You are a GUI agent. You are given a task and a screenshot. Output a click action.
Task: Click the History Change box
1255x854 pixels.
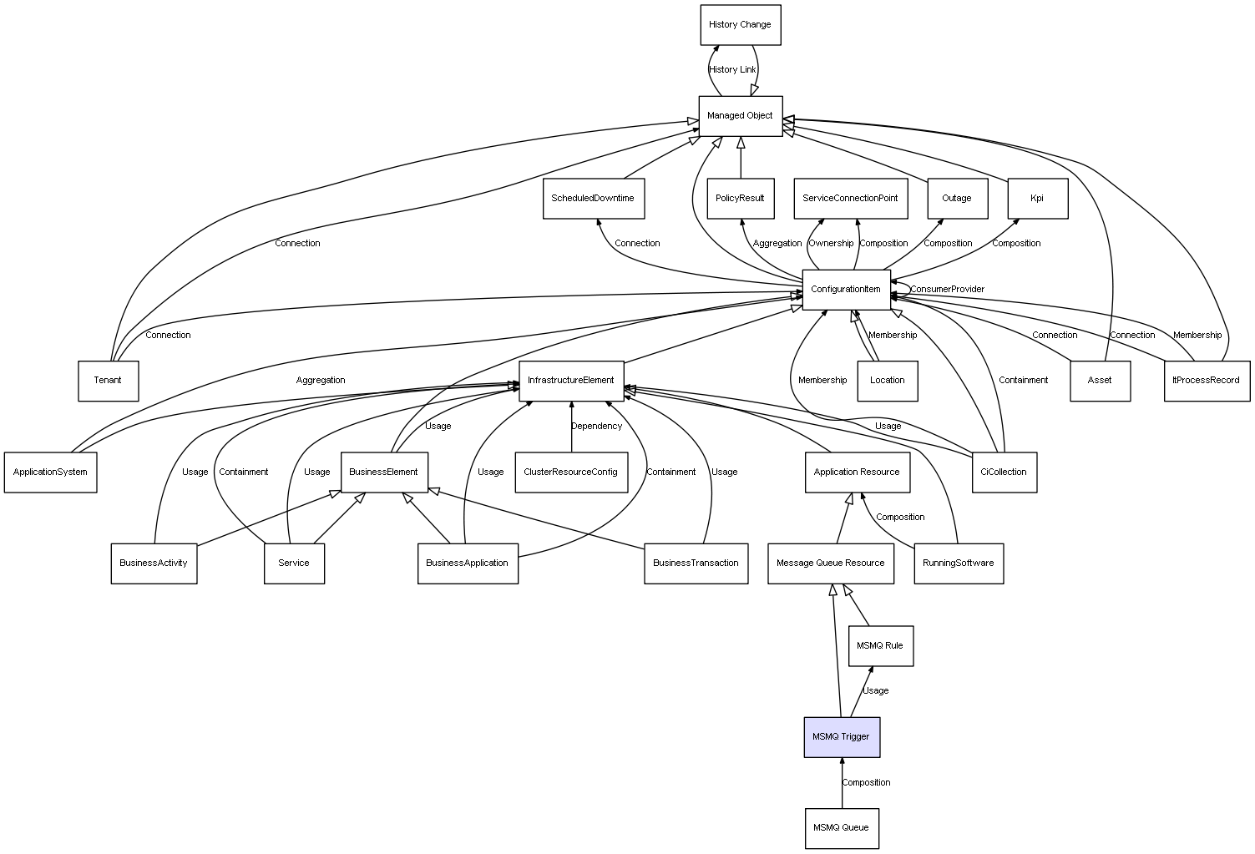pyautogui.click(x=740, y=25)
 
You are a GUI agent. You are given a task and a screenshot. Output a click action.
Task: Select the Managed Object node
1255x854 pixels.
pyautogui.click(x=740, y=116)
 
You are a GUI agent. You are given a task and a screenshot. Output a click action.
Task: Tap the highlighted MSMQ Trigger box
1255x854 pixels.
pyautogui.click(x=842, y=737)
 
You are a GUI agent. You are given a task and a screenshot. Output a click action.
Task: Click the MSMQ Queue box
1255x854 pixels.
pyautogui.click(x=842, y=828)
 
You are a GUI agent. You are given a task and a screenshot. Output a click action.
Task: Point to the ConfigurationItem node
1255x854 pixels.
pyautogui.click(x=846, y=290)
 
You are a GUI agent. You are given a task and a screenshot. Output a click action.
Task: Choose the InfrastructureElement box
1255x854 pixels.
pyautogui.click(x=571, y=381)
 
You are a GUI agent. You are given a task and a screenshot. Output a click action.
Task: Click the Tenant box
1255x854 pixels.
pyautogui.click(x=108, y=381)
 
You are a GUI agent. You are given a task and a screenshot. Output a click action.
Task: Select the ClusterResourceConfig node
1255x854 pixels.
pyautogui.click(x=571, y=472)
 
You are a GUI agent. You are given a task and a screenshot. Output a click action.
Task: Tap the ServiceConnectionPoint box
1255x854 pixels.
pyautogui.click(x=851, y=198)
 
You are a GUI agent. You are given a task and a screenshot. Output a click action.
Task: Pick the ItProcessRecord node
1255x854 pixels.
pyautogui.click(x=1207, y=381)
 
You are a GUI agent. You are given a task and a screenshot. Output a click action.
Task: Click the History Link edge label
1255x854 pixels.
pyautogui.click(x=732, y=69)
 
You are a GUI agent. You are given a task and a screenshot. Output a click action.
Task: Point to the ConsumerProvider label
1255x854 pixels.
pyautogui.click(x=947, y=289)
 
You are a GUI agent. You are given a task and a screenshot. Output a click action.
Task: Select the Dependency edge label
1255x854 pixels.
pyautogui.click(x=596, y=426)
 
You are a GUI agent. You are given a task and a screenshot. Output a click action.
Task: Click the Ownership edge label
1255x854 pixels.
pyautogui.click(x=831, y=243)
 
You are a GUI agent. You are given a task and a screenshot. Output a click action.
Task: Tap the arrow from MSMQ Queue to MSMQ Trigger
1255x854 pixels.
pyautogui.click(x=842, y=783)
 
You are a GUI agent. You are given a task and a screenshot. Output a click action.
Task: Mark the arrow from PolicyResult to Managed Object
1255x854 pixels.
pyautogui.click(x=741, y=158)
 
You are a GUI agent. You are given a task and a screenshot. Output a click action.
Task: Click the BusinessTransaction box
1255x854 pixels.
pyautogui.click(x=696, y=563)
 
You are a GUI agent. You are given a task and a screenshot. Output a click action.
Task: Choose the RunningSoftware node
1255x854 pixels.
pyautogui.click(x=959, y=563)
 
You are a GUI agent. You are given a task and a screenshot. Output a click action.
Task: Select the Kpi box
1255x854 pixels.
pyautogui.click(x=1038, y=198)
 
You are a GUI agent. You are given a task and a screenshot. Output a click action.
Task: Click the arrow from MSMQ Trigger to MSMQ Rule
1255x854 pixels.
pyautogui.click(x=862, y=691)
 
